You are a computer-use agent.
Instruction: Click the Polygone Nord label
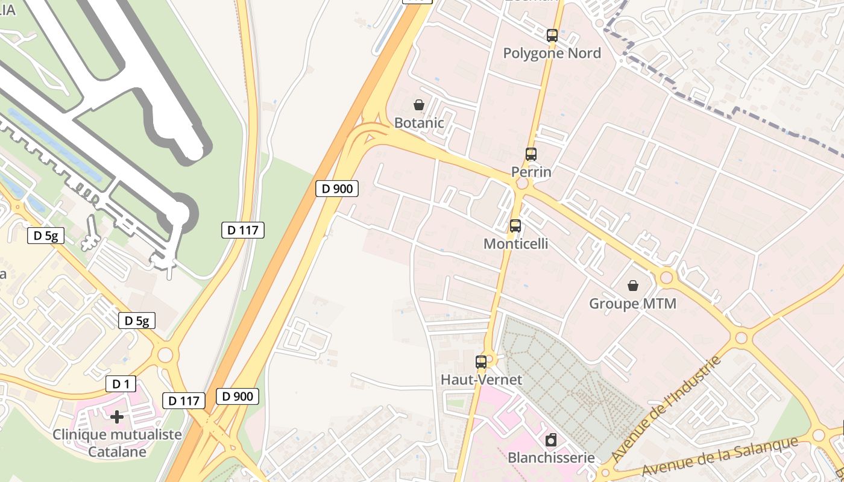pos(552,53)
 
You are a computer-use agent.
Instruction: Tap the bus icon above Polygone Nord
pos(552,35)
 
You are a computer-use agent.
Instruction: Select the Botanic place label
pos(419,123)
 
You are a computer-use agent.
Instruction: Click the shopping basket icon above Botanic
pos(419,105)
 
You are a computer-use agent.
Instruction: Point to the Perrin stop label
pos(531,172)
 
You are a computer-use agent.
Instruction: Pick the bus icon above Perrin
pos(531,154)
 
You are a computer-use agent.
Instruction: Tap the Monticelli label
pos(515,243)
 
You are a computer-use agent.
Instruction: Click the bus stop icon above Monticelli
pos(515,226)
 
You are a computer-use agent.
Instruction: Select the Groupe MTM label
pos(632,303)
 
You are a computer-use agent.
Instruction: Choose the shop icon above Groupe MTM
pos(633,285)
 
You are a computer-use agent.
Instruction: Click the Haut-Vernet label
pos(481,380)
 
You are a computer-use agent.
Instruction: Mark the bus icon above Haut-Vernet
pos(481,361)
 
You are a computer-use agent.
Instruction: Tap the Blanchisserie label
pos(551,457)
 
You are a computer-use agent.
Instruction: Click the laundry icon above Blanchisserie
pos(551,440)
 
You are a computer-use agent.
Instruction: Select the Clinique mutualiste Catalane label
pos(117,442)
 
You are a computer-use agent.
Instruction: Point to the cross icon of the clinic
pos(117,416)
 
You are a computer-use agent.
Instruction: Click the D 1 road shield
pos(121,384)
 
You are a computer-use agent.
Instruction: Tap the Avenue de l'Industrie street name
pos(666,410)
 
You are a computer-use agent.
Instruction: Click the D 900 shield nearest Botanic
pos(337,189)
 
